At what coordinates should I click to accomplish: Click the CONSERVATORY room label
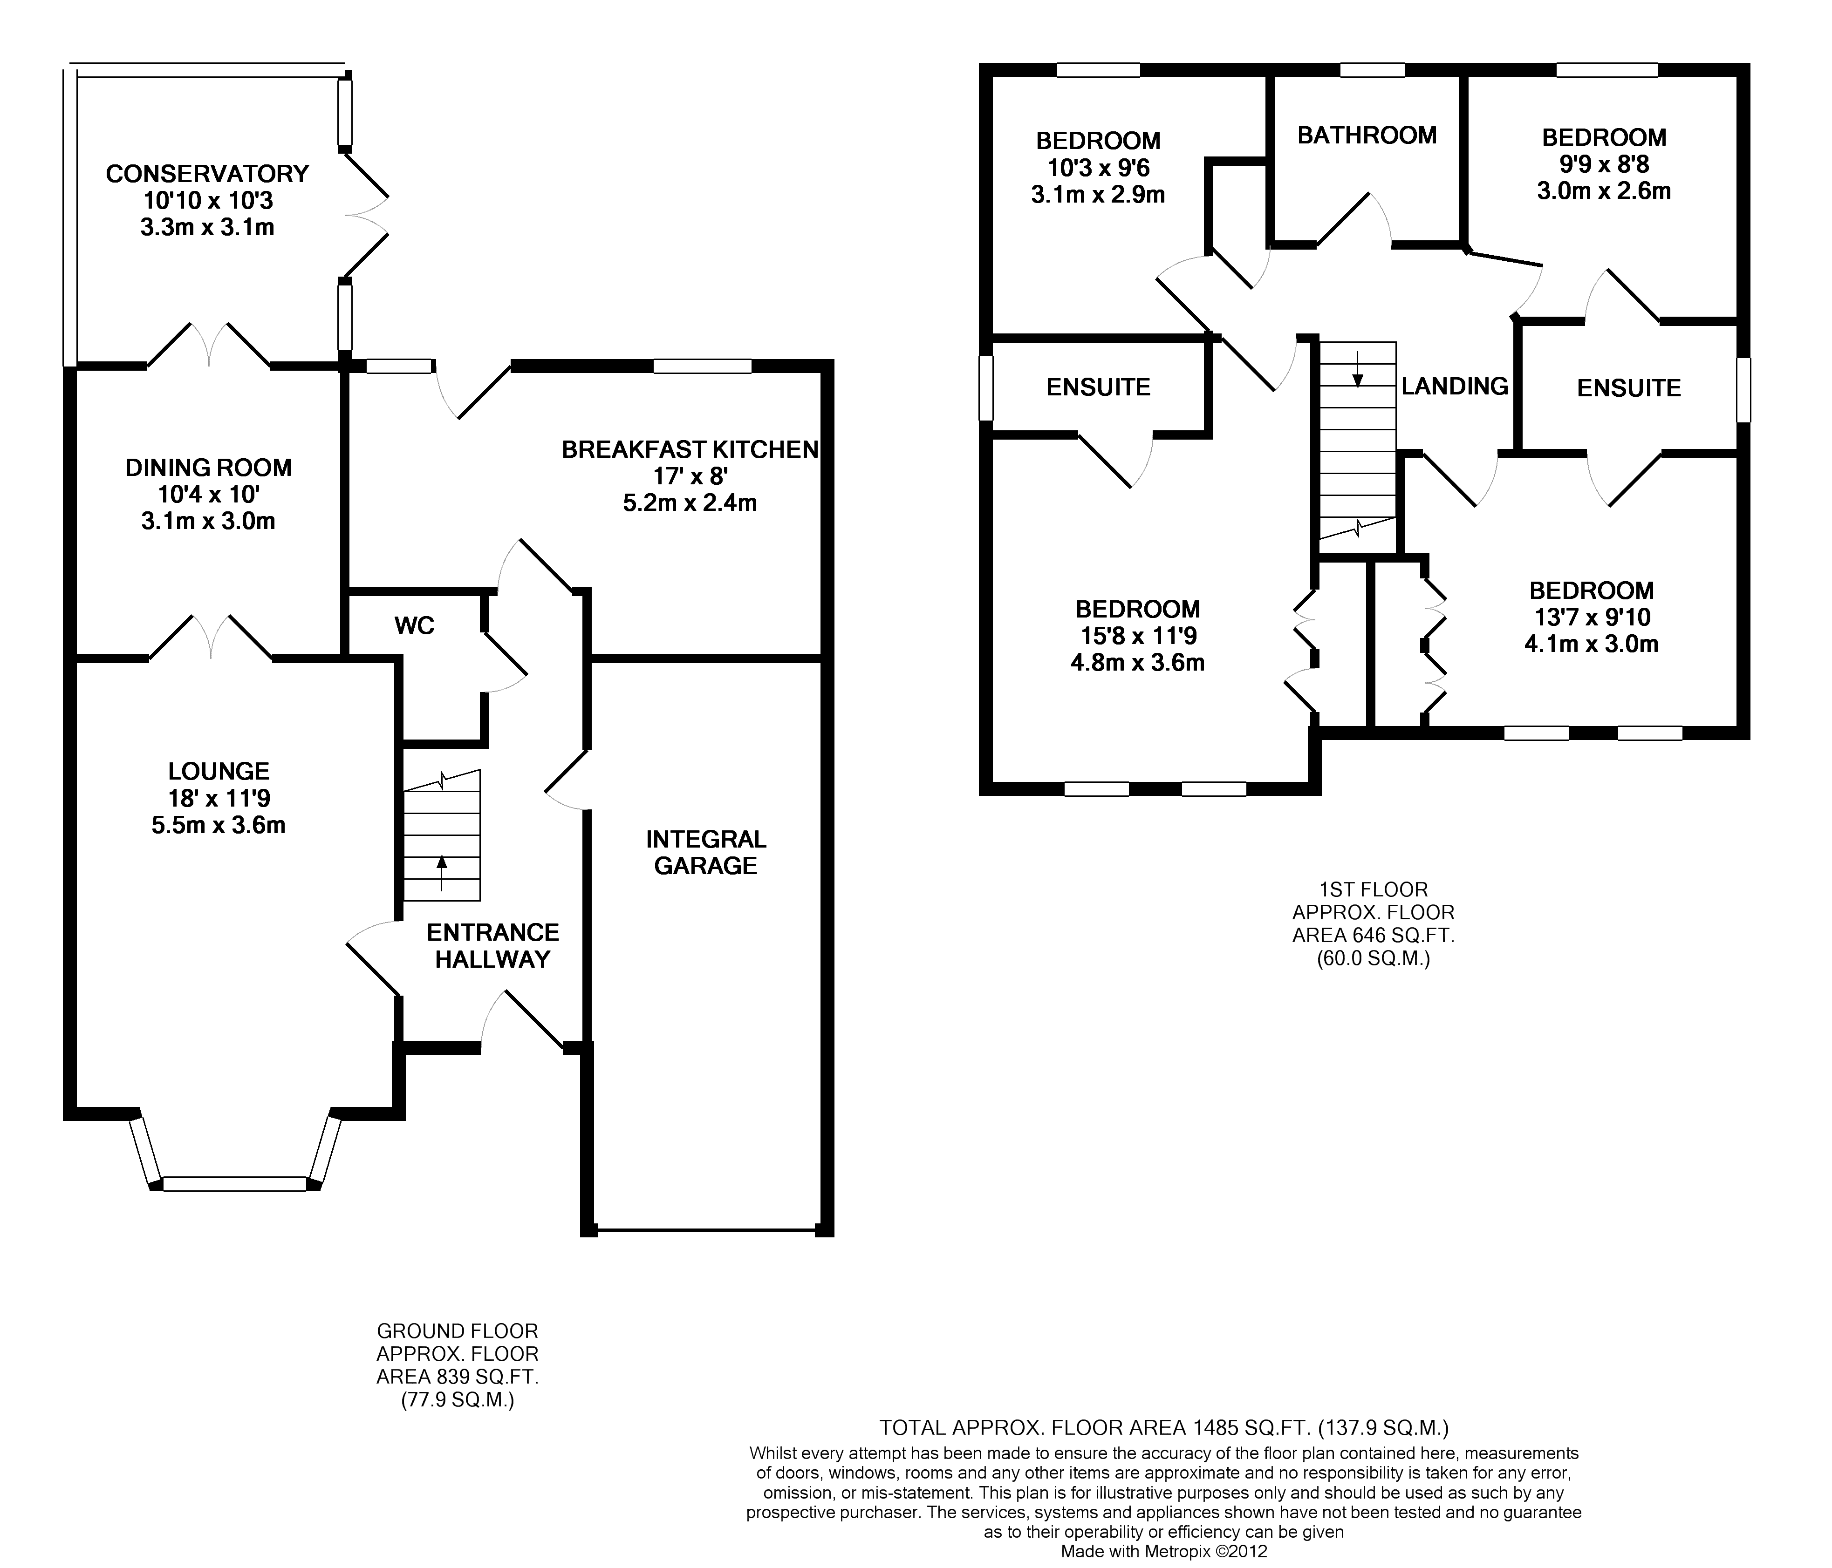[207, 173]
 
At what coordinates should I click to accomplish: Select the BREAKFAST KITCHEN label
[690, 450]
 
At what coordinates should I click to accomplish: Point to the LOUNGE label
[219, 772]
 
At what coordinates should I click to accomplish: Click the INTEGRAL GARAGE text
[705, 852]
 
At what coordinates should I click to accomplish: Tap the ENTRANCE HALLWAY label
[492, 946]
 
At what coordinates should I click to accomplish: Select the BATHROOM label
[1367, 135]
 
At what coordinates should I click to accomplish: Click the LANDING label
[1455, 386]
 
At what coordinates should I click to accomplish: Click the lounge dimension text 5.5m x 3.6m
[219, 826]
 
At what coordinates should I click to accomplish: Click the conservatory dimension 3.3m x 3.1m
[207, 227]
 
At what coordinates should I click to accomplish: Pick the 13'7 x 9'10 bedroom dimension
[1592, 617]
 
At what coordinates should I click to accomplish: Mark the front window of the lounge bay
[235, 1183]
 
